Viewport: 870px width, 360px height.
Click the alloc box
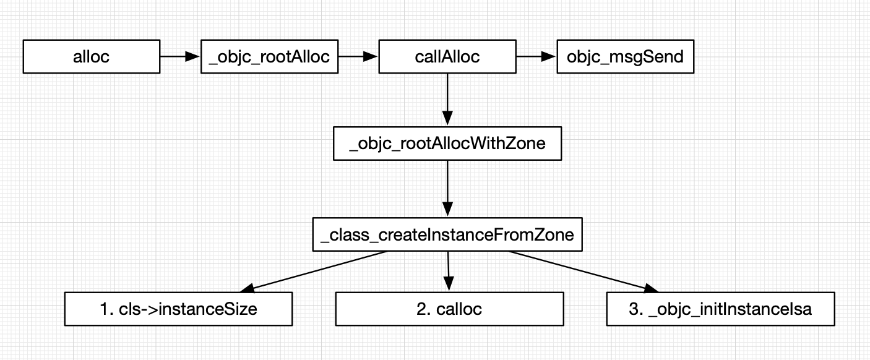pos(91,57)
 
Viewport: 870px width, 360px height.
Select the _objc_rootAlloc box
pos(269,57)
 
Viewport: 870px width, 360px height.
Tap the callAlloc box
pos(447,57)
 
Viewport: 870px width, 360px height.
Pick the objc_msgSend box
pos(624,57)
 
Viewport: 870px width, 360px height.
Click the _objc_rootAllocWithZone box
pos(447,144)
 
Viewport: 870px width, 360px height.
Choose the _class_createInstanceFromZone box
pos(447,234)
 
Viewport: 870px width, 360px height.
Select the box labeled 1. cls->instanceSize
pos(178,309)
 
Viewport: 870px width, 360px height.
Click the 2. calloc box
pos(449,309)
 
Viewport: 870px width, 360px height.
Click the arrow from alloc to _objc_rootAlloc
pos(180,57)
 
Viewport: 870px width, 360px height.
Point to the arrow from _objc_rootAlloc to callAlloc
pos(358,57)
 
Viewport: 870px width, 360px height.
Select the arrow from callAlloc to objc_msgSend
pos(536,57)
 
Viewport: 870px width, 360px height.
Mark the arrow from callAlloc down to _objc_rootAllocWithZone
pos(447,99)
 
